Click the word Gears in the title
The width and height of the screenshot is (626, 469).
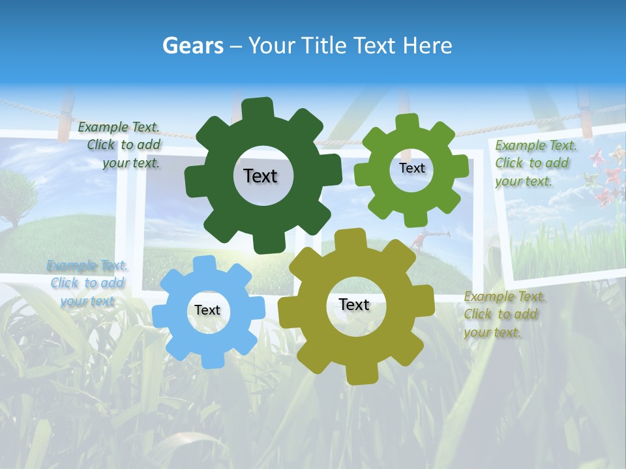[x=192, y=46]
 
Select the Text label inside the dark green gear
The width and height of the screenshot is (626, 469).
[x=260, y=176]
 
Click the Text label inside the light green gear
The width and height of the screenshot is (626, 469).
[x=411, y=168]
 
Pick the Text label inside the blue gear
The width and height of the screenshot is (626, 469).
[x=207, y=311]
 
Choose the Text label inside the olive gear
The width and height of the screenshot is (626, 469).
[x=354, y=305]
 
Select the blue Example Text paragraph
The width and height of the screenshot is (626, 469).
[x=87, y=283]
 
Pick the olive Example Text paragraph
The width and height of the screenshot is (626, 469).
[x=504, y=315]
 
